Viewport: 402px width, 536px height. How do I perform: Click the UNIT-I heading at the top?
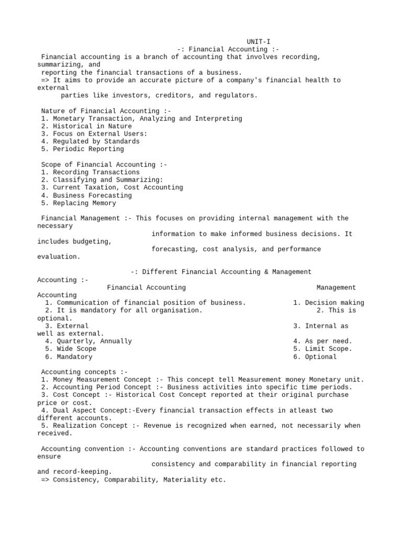click(259, 41)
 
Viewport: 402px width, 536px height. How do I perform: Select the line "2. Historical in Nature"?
click(86, 126)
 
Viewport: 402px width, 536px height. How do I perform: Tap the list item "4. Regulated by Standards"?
click(90, 141)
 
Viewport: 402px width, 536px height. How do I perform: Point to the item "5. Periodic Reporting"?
click(82, 149)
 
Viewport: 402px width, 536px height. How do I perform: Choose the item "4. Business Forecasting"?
click(86, 195)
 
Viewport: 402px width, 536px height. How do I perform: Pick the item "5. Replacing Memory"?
click(79, 203)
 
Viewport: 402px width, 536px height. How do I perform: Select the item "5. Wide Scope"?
click(71, 349)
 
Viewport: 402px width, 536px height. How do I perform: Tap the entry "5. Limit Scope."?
click(322, 349)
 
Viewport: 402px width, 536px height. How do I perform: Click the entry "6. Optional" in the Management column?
click(315, 357)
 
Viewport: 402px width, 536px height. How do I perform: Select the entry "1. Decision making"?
click(328, 303)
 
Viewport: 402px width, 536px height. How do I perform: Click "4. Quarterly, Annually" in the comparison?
click(88, 341)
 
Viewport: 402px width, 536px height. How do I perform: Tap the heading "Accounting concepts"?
click(81, 372)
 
